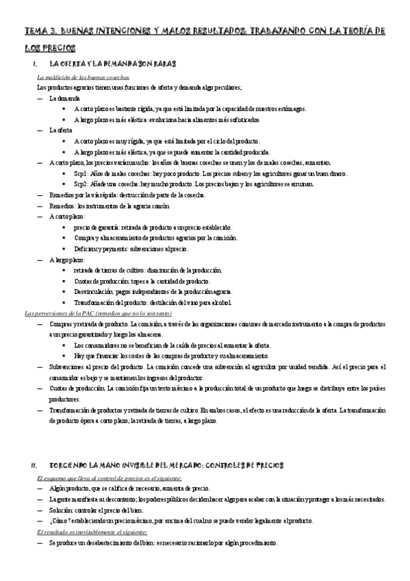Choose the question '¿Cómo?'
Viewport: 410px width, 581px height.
tap(61, 521)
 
